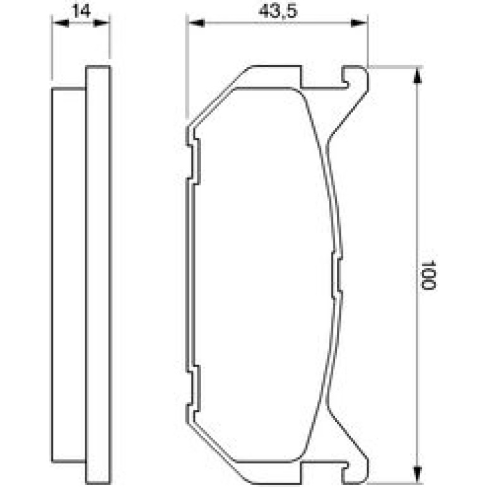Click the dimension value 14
82,11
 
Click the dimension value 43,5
278,11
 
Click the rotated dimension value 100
429,274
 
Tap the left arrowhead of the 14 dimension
60,23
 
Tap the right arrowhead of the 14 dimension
102,23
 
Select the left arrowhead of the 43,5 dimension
195,23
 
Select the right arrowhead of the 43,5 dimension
359,23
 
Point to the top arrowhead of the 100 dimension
417,75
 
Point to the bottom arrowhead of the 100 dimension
417,474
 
